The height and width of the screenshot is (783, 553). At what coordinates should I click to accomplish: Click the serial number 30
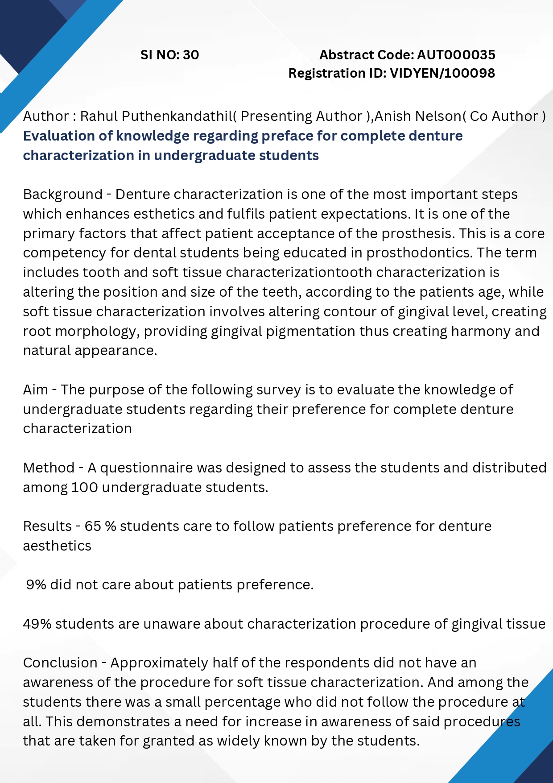(191, 55)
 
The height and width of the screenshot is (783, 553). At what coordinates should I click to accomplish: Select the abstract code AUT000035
(456, 55)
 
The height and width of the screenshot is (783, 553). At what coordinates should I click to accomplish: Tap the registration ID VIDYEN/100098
(442, 73)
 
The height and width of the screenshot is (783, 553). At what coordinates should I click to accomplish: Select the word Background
(63, 195)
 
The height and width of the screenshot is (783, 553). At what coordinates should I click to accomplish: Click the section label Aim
(35, 389)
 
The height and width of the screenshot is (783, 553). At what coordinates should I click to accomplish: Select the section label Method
(49, 468)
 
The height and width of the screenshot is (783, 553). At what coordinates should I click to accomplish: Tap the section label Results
(47, 526)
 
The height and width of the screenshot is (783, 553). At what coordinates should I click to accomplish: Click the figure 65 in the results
(93, 526)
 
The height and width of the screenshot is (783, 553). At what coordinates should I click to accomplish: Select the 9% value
(36, 584)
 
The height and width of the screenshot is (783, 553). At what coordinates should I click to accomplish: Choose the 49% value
(37, 624)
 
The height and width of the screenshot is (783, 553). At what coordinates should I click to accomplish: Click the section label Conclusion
(60, 663)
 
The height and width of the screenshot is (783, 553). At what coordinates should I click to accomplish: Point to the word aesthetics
(57, 546)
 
